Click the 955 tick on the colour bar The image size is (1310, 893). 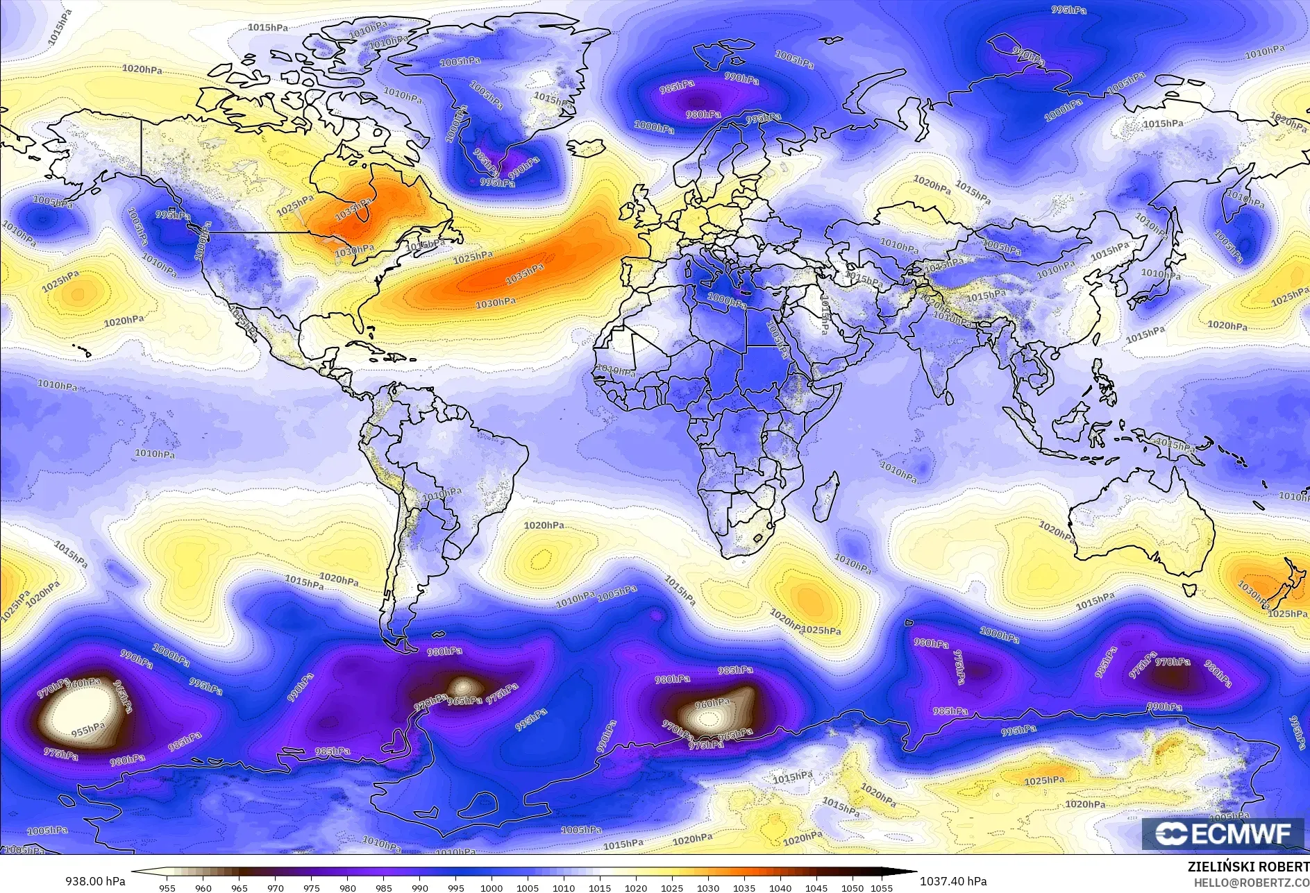167,887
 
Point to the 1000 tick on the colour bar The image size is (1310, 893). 492,887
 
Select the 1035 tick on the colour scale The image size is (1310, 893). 744,887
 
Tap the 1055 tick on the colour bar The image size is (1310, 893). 882,887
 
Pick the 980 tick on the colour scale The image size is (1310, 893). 347,887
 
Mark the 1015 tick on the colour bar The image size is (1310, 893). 600,887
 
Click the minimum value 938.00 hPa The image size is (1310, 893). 95,881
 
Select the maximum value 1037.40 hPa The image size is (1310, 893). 952,881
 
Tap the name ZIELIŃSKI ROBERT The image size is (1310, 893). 1248,867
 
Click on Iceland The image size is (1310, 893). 585,148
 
